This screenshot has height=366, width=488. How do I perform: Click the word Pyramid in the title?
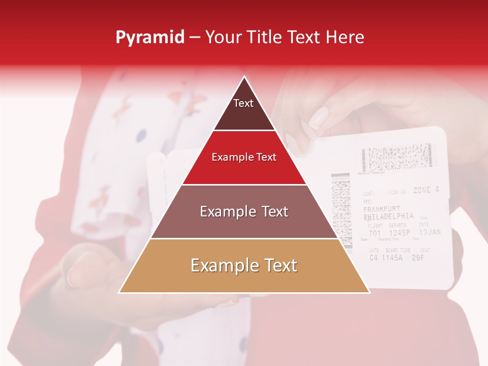150,37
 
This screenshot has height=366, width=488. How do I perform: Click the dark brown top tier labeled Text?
243,109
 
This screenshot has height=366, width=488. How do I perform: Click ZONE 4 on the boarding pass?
425,191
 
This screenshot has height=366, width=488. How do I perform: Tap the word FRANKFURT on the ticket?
382,209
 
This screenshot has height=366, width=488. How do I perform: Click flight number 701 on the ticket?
374,234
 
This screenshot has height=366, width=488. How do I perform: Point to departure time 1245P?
399,233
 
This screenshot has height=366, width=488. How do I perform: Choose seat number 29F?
418,257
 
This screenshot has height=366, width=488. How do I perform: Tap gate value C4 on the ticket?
374,258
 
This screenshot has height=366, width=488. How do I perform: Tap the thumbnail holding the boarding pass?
319,118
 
